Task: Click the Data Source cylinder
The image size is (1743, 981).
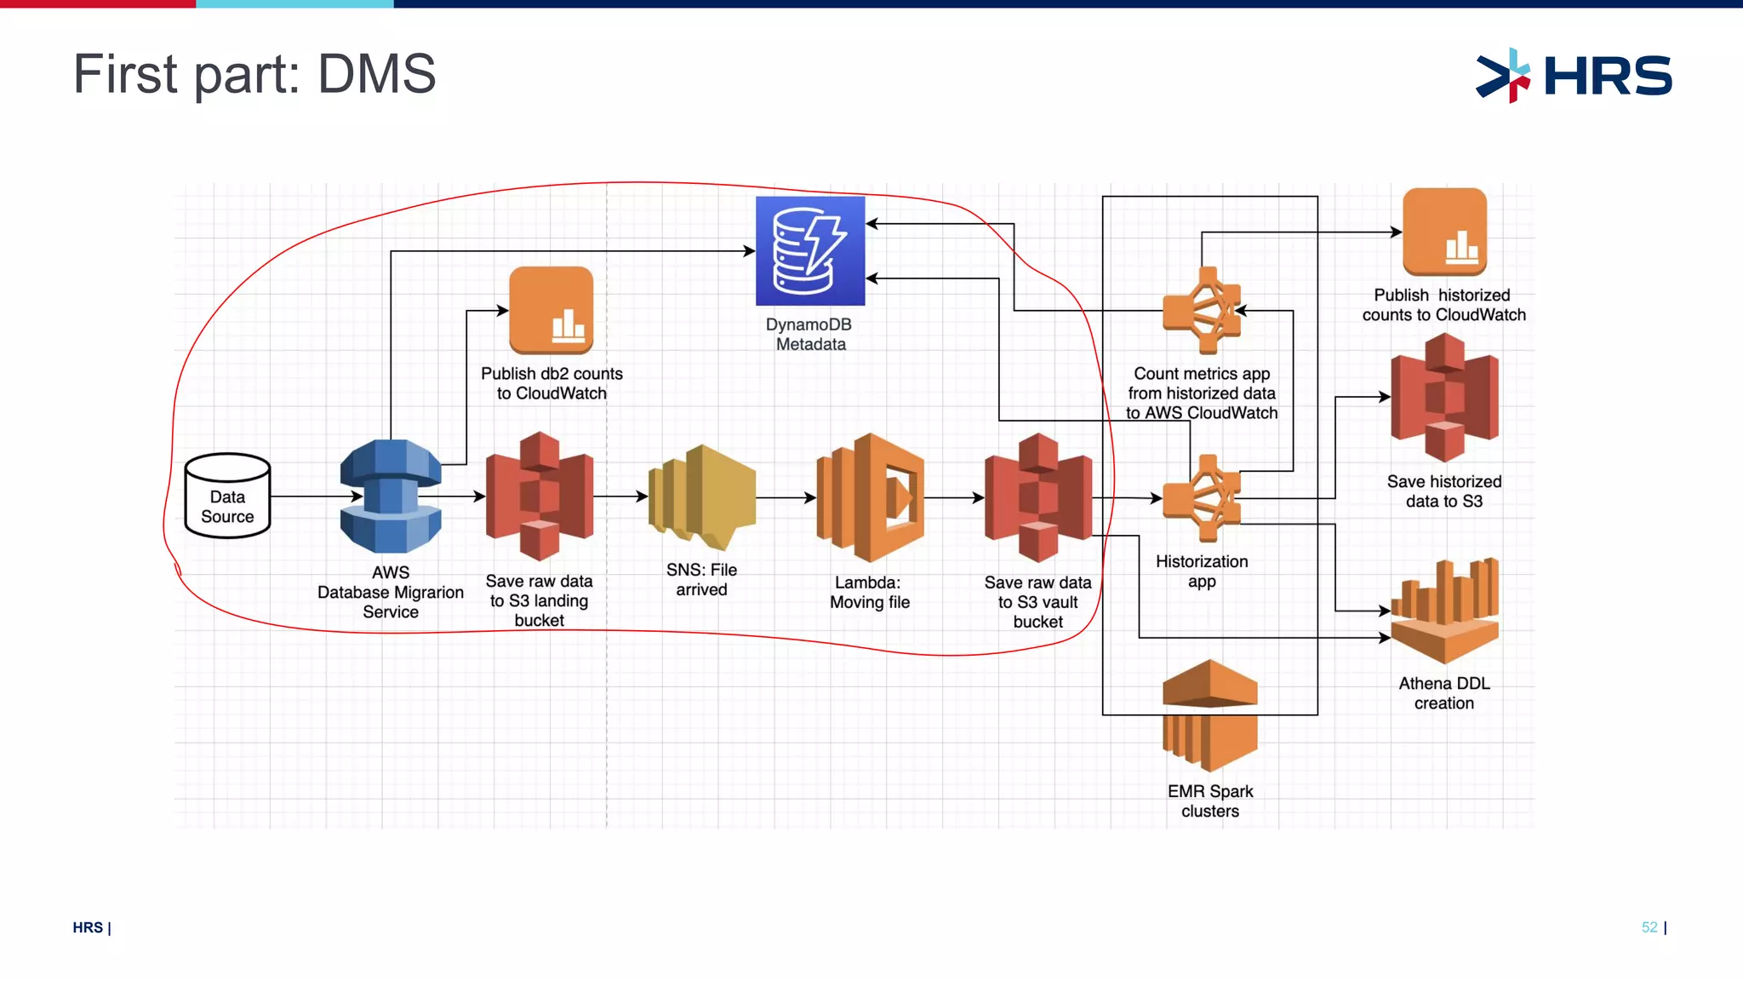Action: pos(227,496)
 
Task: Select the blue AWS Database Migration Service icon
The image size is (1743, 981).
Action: pos(391,496)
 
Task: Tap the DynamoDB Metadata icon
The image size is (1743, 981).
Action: pos(810,251)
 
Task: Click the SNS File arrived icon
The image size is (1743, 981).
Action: pos(702,496)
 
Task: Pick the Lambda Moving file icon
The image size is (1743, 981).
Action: pos(870,497)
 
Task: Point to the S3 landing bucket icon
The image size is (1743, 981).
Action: pos(540,496)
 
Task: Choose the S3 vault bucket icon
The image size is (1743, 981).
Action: pos(1038,497)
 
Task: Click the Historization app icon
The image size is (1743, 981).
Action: pos(1202,498)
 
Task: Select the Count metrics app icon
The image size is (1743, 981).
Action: pos(1202,311)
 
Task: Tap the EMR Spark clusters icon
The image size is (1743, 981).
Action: pos(1209,715)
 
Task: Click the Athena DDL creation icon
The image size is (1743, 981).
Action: pos(1444,611)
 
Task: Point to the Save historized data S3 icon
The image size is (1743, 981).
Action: pos(1444,397)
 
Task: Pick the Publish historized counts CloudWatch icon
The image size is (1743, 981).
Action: pos(1444,232)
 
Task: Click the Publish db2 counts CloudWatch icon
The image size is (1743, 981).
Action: pos(551,310)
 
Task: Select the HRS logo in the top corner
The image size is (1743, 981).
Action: pos(1574,76)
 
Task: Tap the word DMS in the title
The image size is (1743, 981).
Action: pos(376,74)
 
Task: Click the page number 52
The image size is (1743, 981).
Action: pos(1649,927)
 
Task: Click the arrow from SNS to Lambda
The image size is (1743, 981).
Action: pos(785,497)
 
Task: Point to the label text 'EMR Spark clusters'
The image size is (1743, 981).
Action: pos(1210,801)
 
